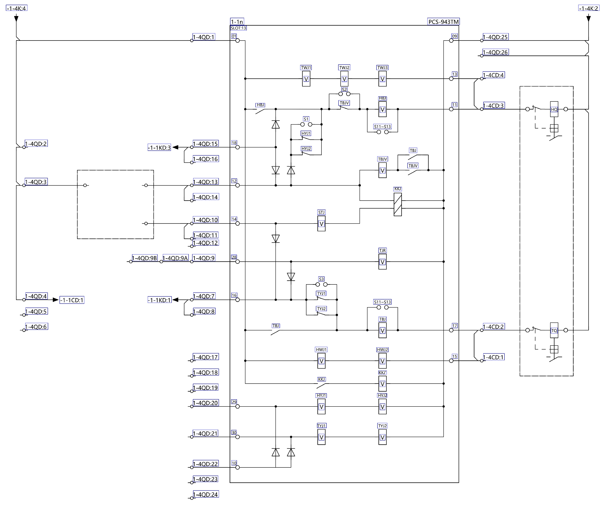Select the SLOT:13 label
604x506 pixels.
[x=238, y=28]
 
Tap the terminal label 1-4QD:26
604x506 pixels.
[x=495, y=52]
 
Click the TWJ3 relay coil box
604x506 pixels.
[x=382, y=79]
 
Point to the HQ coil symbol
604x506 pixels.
[x=554, y=109]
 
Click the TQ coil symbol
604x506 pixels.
[x=554, y=330]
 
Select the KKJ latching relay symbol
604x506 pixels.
[x=398, y=204]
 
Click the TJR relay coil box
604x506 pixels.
[x=382, y=262]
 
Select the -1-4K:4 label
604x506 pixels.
[x=16, y=8]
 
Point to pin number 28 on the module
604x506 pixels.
[x=234, y=257]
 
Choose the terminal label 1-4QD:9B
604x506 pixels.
[x=145, y=258]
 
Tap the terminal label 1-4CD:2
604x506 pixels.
[x=493, y=327]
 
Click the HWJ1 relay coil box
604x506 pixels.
[x=321, y=361]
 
